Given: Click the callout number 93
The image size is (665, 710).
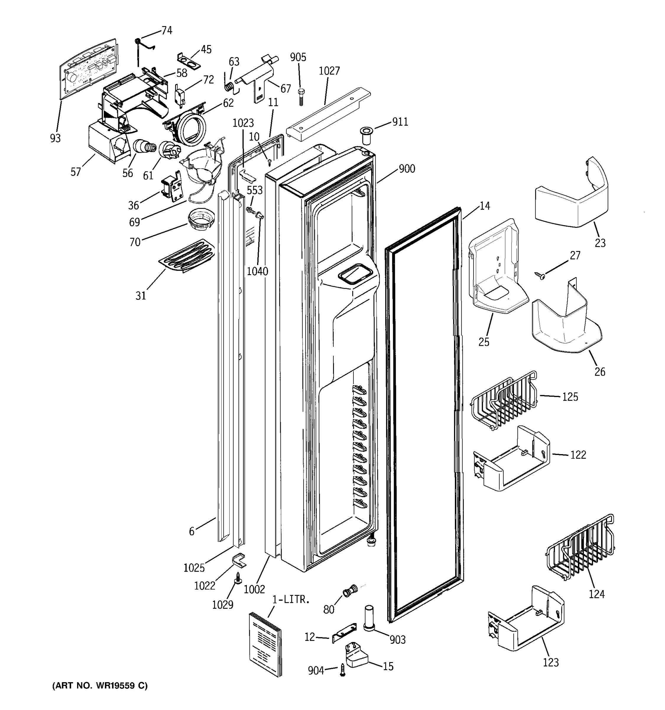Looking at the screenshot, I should (x=55, y=138).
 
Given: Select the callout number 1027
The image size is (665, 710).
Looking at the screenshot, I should (x=329, y=71).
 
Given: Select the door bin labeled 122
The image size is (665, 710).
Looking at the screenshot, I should (x=512, y=460).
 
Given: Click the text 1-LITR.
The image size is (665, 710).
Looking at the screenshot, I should (x=291, y=600).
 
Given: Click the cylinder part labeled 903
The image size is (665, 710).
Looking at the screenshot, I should (x=369, y=619).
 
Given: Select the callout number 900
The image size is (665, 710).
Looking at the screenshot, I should (x=407, y=169).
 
